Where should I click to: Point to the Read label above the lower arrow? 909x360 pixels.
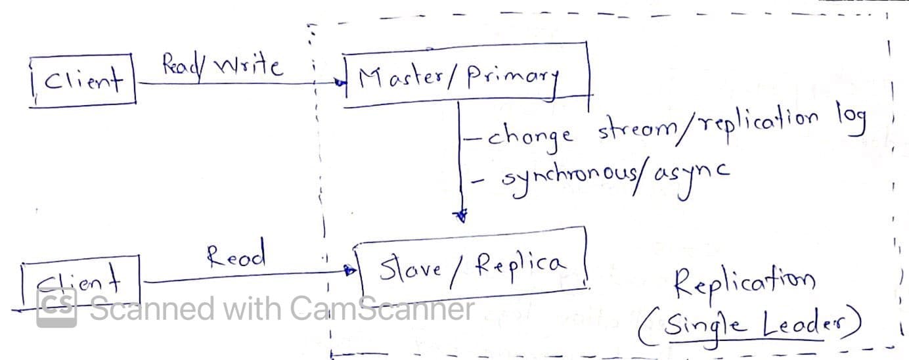(236, 254)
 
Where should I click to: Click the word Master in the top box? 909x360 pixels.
(398, 80)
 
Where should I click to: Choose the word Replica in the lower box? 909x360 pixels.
(519, 264)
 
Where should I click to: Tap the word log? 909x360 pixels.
(851, 121)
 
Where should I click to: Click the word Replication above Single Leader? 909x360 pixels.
(744, 284)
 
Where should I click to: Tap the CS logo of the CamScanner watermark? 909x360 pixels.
(56, 307)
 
